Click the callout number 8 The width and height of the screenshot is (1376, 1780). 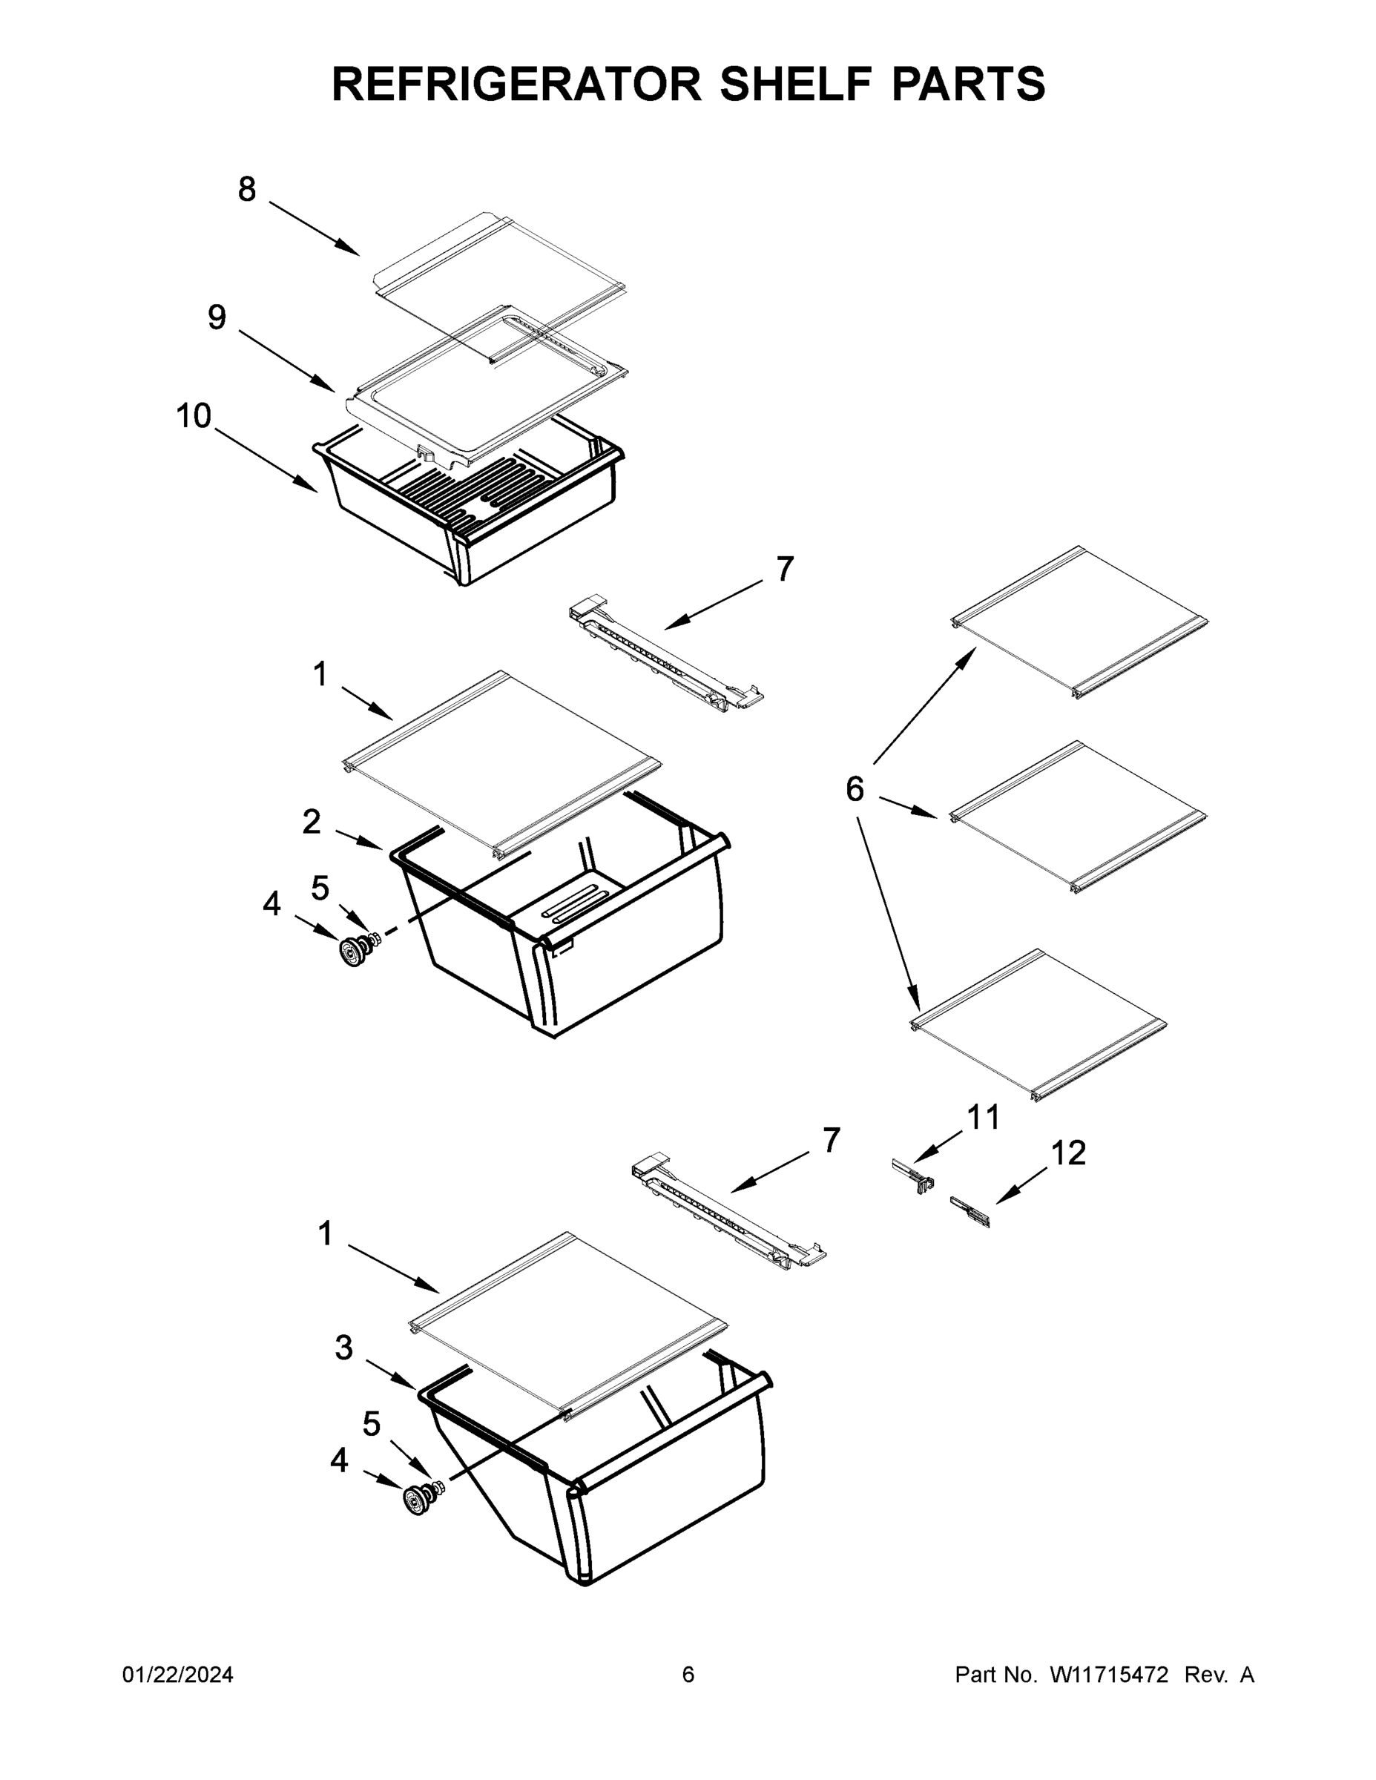246,190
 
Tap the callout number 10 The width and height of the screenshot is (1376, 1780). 194,417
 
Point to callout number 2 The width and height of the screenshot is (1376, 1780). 312,823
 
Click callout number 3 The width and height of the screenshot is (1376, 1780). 344,1348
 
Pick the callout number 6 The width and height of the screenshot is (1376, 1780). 855,789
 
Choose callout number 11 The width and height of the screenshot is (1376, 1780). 983,1118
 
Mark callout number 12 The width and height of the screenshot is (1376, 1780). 1068,1153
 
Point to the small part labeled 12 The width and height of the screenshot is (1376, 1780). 970,1212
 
